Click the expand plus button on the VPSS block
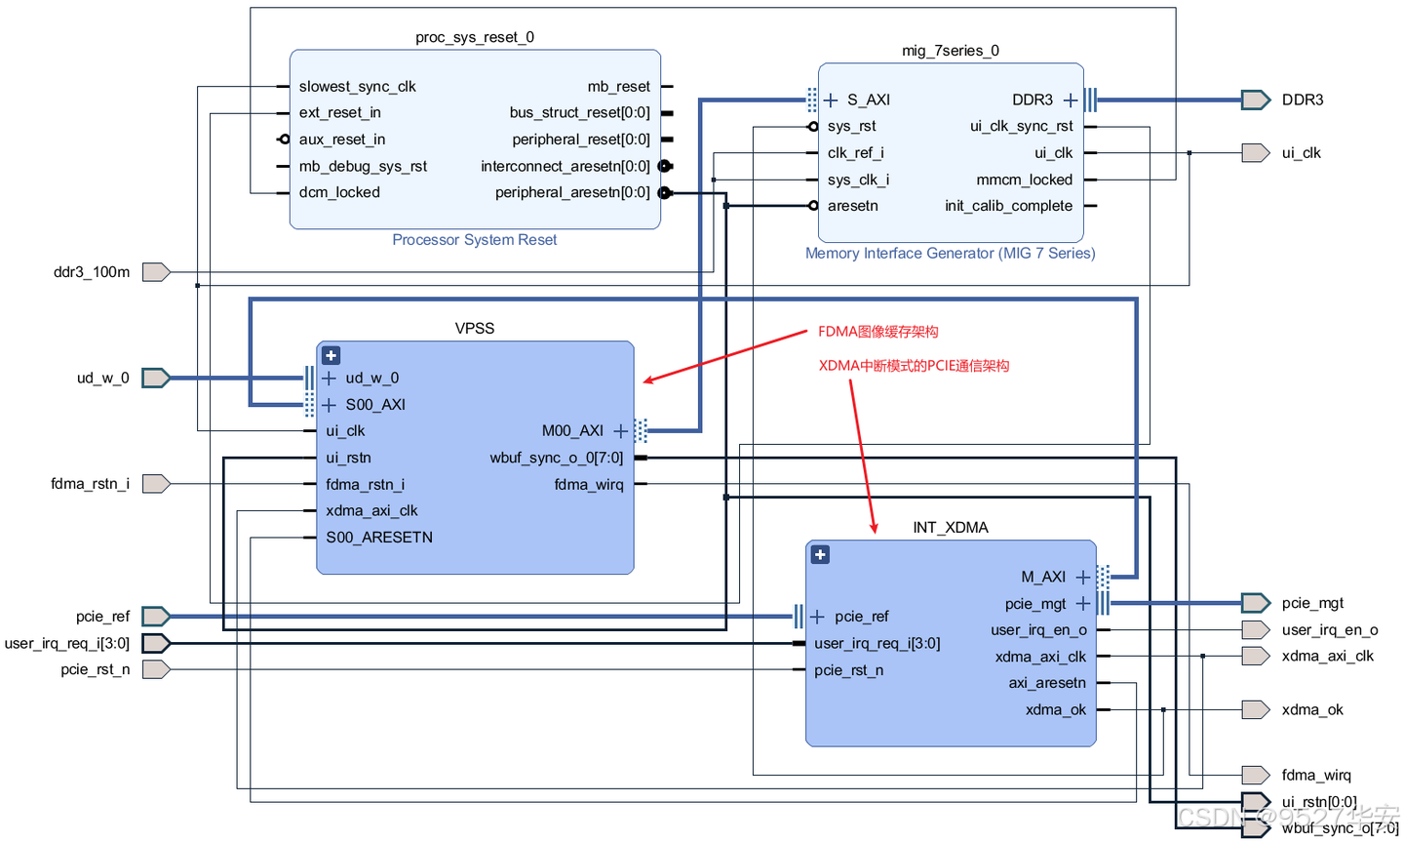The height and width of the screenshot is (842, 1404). click(x=331, y=356)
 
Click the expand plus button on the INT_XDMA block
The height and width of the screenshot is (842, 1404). click(x=820, y=555)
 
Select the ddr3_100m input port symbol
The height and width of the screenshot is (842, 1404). click(x=156, y=272)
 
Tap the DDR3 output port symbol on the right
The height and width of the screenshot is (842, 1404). click(x=1255, y=100)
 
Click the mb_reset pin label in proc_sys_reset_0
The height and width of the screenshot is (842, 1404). click(x=618, y=87)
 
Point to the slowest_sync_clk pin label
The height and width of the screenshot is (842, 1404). click(x=357, y=87)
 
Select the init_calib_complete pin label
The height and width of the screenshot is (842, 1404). click(x=1008, y=206)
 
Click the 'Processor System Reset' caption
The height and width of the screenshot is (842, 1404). click(x=474, y=240)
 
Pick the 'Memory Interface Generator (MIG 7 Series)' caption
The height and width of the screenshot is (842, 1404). click(x=950, y=254)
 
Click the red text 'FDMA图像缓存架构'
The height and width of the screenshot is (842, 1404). click(x=877, y=332)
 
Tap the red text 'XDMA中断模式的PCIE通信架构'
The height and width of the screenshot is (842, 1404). click(x=914, y=366)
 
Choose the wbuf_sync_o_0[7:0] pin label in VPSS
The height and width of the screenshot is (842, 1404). click(x=556, y=458)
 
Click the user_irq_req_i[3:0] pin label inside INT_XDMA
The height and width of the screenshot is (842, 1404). click(x=877, y=643)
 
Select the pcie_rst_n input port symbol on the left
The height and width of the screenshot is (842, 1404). click(x=156, y=669)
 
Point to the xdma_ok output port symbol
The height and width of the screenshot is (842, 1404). click(x=1255, y=709)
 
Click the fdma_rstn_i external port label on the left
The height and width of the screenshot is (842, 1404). click(x=90, y=484)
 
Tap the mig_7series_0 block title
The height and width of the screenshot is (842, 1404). click(x=950, y=51)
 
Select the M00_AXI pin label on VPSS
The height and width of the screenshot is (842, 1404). click(x=572, y=431)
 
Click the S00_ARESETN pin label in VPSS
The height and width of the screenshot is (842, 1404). click(x=379, y=538)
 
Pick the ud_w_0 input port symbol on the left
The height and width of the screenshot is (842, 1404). click(x=156, y=378)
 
